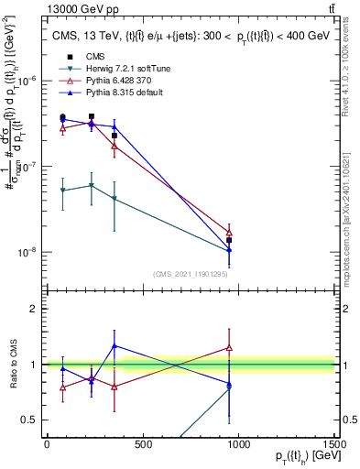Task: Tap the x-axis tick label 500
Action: click(142, 444)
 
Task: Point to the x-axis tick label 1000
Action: click(238, 444)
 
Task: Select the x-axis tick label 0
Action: click(47, 444)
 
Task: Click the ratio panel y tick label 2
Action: click(33, 309)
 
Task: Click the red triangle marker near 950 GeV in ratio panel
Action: click(229, 348)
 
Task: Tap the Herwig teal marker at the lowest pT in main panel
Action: click(62, 191)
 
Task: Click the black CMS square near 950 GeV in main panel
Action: click(229, 240)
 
